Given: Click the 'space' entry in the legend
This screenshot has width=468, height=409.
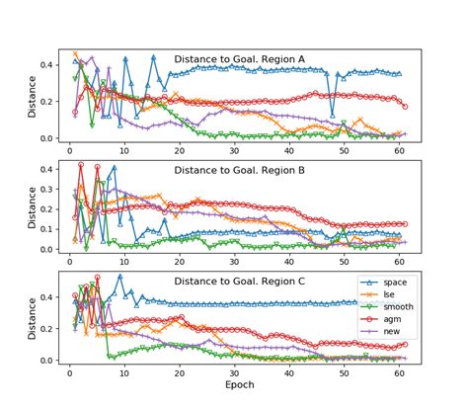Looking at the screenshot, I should [392, 282].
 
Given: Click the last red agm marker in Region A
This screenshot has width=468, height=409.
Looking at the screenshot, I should [405, 107].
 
